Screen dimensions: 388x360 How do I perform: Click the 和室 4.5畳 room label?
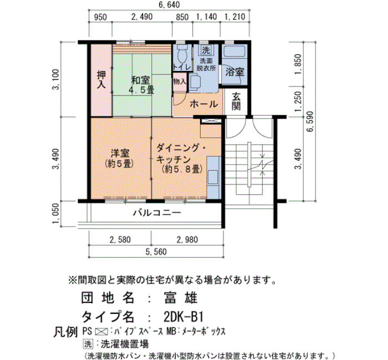[141, 85]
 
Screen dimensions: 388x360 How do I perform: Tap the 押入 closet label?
[101, 79]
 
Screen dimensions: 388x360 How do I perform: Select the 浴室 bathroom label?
[234, 72]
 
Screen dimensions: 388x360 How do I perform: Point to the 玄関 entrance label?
[236, 101]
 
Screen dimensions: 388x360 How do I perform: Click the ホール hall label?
[203, 104]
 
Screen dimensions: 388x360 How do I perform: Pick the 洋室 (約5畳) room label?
[120, 158]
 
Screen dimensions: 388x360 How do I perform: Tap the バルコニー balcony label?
[157, 213]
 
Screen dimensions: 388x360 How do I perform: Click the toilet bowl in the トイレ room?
[183, 55]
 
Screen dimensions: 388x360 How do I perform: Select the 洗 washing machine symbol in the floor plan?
[206, 50]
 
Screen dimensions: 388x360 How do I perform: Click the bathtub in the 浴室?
[234, 51]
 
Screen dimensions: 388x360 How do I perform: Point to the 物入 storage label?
[179, 81]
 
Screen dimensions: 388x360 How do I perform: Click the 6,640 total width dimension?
[169, 4]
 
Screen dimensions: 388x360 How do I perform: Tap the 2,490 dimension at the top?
[142, 17]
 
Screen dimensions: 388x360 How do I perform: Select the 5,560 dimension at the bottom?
[156, 251]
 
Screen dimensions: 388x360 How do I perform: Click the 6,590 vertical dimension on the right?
[310, 122]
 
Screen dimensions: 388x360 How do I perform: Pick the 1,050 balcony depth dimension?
[56, 213]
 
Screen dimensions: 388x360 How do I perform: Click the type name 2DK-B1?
[183, 316]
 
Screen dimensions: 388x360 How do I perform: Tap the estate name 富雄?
[180, 297]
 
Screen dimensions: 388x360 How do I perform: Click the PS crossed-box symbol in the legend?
[101, 331]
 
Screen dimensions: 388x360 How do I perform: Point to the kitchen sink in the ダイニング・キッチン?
[213, 177]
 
